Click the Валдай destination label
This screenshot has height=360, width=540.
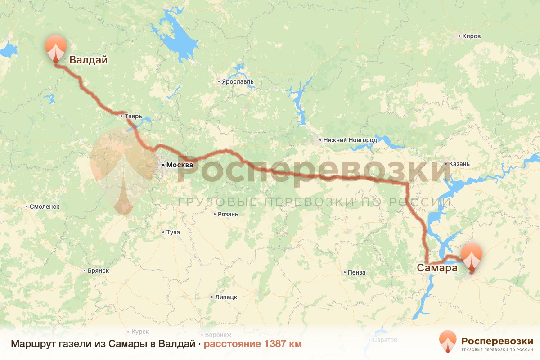pyautogui.click(x=89, y=60)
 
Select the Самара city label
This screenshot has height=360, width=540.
pyautogui.click(x=436, y=268)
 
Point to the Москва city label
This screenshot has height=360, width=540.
pyautogui.click(x=180, y=165)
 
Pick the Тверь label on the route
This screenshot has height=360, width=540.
pyautogui.click(x=133, y=116)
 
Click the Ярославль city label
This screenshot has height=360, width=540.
pyautogui.click(x=238, y=82)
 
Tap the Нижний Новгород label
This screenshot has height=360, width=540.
pyautogui.click(x=350, y=140)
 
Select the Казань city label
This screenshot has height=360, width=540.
pyautogui.click(x=459, y=164)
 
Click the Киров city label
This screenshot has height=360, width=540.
pyautogui.click(x=472, y=36)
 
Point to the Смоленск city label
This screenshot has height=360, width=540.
pyautogui.click(x=45, y=207)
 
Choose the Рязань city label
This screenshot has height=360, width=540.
pyautogui.click(x=227, y=214)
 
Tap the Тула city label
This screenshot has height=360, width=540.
pyautogui.click(x=173, y=233)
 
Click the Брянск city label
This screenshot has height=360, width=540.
pyautogui.click(x=99, y=270)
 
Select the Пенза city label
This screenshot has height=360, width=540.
pyautogui.click(x=356, y=272)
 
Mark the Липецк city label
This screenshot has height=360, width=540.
pyautogui.click(x=226, y=297)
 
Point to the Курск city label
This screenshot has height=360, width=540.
pyautogui.click(x=140, y=332)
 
